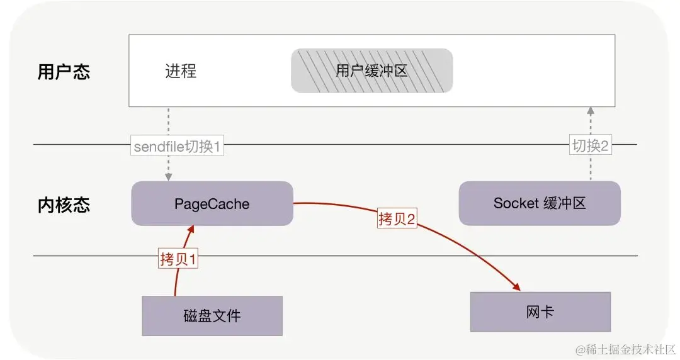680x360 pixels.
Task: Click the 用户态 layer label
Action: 64,71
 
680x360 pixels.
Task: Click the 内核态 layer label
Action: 64,205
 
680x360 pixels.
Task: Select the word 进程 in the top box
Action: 181,71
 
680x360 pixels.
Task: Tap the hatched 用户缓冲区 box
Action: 371,70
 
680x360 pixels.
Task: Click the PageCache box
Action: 212,204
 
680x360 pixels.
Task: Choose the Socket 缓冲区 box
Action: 540,203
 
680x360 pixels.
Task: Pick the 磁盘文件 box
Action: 212,315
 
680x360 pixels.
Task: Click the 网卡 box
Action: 540,312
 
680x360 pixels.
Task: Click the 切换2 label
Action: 590,146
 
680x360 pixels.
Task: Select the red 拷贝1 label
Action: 178,259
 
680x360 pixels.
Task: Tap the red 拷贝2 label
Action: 397,219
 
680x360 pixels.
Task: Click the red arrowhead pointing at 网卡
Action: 517,288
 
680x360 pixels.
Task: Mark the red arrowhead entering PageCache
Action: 188,230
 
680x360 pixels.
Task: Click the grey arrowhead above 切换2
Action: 590,111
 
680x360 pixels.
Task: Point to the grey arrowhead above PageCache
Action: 169,177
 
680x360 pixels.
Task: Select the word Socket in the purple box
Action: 516,203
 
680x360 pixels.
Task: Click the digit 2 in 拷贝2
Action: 411,219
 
